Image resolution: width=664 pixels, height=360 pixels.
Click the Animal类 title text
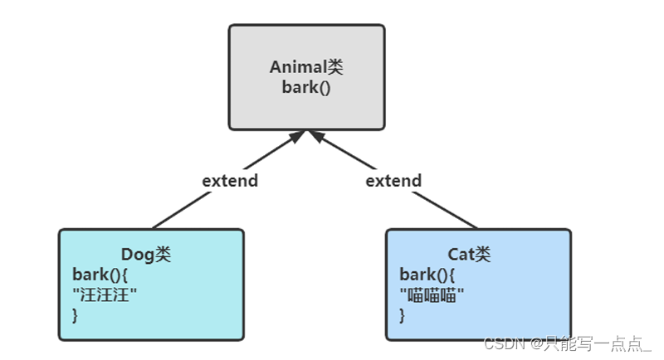coord(306,67)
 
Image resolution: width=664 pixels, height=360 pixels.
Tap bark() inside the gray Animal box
coord(306,87)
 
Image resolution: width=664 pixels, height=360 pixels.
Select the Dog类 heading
coord(146,255)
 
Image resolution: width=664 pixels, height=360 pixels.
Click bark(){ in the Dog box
coord(100,275)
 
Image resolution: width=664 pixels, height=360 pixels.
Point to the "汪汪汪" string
coord(105,294)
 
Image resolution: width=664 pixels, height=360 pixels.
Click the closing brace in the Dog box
coord(75,315)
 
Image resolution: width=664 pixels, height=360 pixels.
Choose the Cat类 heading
coord(469,255)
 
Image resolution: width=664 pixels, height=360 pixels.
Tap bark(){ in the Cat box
coord(427,275)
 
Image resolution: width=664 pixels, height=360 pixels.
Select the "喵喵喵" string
coord(432,294)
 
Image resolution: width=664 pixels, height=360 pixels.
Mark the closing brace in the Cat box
coord(402,315)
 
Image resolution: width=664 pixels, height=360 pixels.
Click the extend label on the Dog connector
coord(230,181)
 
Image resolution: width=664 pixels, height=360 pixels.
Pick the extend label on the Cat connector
coord(393,181)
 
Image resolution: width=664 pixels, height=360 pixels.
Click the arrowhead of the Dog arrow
coord(298,137)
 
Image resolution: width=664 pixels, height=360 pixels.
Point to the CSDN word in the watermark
coord(505,343)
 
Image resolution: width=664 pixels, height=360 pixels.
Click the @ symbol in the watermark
coord(535,344)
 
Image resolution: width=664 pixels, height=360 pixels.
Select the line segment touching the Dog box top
coord(181,210)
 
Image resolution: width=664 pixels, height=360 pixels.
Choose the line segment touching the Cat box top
coord(445,210)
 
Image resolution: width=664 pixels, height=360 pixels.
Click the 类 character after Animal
coord(334,67)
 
